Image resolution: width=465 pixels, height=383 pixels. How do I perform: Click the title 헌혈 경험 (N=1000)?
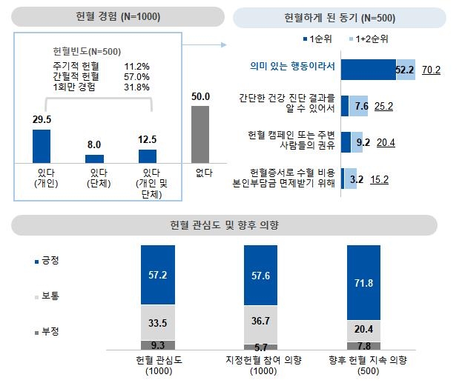click(x=118, y=16)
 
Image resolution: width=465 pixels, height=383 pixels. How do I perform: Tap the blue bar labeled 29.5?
click(x=42, y=145)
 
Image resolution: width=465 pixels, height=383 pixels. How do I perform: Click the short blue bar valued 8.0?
click(x=95, y=158)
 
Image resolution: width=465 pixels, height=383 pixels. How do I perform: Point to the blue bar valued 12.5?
click(x=148, y=156)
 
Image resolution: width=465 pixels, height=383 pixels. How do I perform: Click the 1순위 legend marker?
click(x=305, y=37)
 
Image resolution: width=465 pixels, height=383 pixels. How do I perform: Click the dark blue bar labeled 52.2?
click(x=369, y=70)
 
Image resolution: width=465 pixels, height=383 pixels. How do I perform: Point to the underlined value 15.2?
click(x=380, y=179)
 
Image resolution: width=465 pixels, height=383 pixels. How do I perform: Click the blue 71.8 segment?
click(x=363, y=284)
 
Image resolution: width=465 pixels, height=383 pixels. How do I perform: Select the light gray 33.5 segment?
click(x=156, y=323)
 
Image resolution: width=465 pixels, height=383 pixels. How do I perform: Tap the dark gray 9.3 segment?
click(x=156, y=345)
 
